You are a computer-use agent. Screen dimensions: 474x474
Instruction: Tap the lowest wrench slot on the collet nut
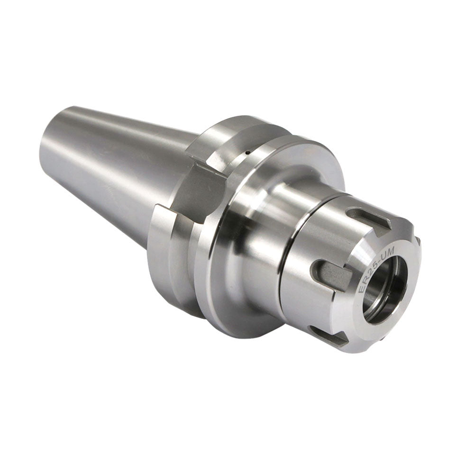pyautogui.click(x=327, y=334)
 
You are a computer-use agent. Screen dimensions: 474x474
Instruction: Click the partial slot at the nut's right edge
pyautogui.click(x=418, y=241)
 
